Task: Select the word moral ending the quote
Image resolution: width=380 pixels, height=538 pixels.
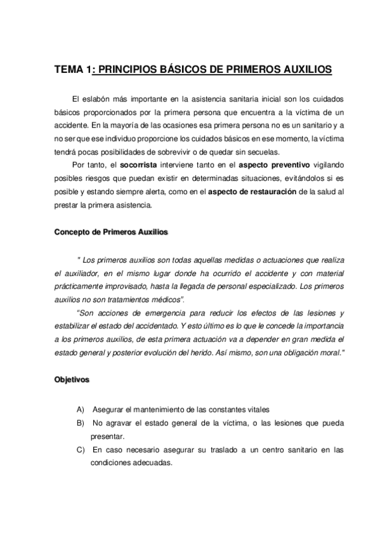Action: point(329,353)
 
